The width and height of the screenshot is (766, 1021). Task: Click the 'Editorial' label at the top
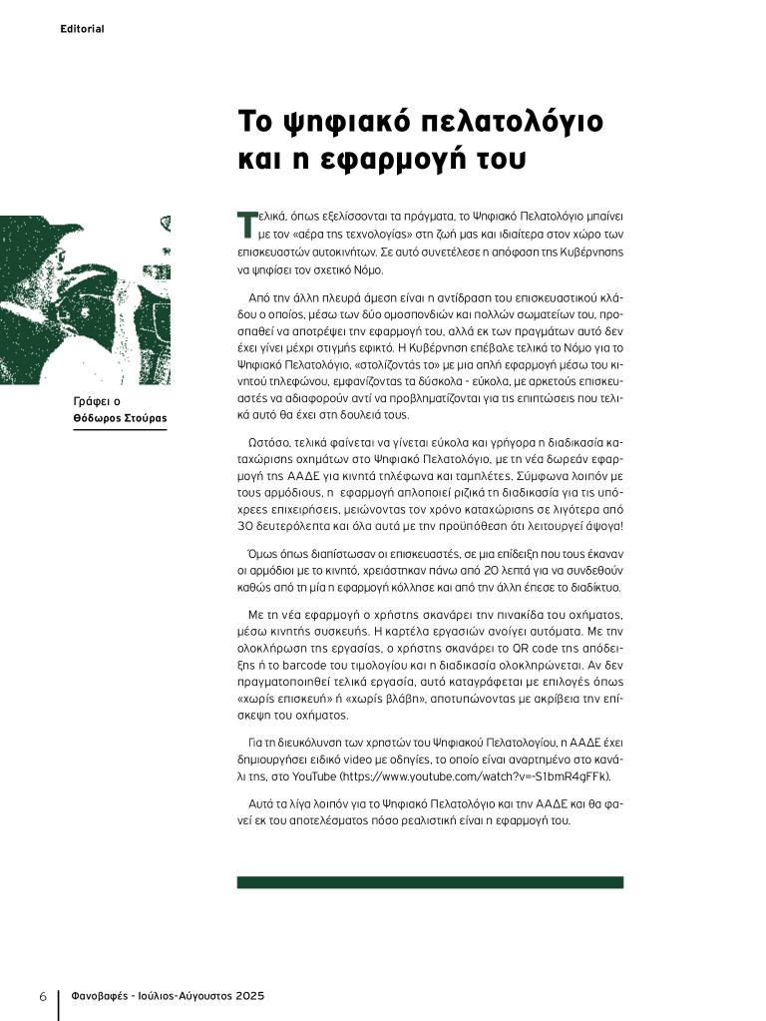(82, 29)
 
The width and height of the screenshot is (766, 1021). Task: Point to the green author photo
(84, 299)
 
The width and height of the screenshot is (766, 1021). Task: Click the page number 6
(43, 997)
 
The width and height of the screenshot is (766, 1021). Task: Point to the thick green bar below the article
(430, 882)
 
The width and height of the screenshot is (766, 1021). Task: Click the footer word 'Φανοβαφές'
(103, 997)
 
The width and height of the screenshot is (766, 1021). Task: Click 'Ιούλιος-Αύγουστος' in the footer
(179, 997)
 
